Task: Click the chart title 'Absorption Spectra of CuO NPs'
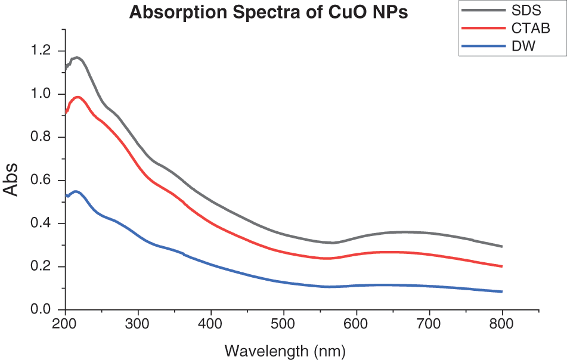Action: pyautogui.click(x=269, y=13)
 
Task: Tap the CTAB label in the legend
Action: pyautogui.click(x=531, y=27)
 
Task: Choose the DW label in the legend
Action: pyautogui.click(x=523, y=45)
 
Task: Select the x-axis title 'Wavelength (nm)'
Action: pyautogui.click(x=285, y=350)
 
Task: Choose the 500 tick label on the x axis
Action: pyautogui.click(x=284, y=324)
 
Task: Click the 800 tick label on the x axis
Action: pyautogui.click(x=502, y=324)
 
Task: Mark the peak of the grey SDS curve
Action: pyautogui.click(x=77, y=57)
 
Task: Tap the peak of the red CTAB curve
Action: pyautogui.click(x=76, y=97)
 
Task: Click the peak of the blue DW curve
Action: pyautogui.click(x=76, y=191)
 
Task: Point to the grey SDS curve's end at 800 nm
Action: pyautogui.click(x=502, y=246)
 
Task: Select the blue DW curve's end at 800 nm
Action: pyautogui.click(x=502, y=291)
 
